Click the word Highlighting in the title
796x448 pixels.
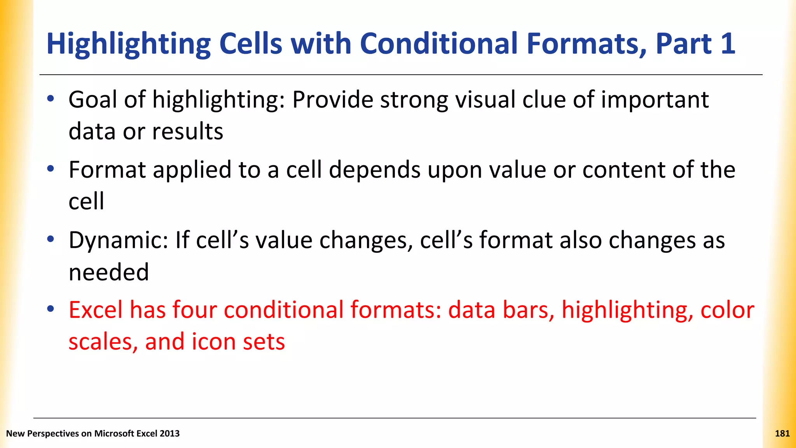tap(128, 44)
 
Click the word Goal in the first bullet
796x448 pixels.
tap(93, 100)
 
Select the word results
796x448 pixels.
tap(187, 131)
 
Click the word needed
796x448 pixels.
tap(109, 272)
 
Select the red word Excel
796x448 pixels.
tap(96, 310)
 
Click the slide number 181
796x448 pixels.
tap(782, 434)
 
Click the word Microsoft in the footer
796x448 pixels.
tap(114, 434)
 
